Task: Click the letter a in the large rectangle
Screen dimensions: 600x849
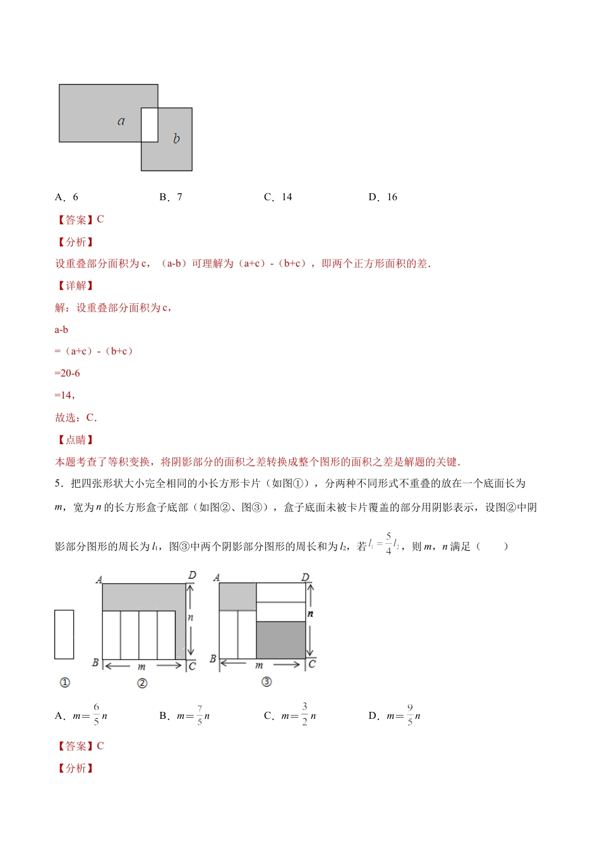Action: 121,121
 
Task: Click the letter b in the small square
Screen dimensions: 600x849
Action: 176,138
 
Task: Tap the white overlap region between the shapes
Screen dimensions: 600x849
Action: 150,125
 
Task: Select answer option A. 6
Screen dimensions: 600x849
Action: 67,197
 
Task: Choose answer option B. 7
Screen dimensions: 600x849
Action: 171,197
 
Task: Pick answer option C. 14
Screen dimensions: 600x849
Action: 278,197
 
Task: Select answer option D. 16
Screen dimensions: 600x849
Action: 383,197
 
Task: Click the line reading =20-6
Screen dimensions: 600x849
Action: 68,373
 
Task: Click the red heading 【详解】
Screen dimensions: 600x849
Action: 75,286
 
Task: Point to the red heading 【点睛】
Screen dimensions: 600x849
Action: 75,440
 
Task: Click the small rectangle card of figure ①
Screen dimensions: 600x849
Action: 64,634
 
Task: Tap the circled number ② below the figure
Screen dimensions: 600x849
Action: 142,683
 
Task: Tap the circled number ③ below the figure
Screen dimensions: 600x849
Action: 267,682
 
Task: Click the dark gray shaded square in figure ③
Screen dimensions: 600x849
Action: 281,640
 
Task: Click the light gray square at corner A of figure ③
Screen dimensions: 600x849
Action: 237,596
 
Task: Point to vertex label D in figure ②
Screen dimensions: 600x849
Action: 192,575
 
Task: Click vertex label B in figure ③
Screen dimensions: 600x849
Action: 213,659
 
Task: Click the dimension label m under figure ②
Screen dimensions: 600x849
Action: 141,666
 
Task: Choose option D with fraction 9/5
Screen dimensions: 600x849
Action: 395,716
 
